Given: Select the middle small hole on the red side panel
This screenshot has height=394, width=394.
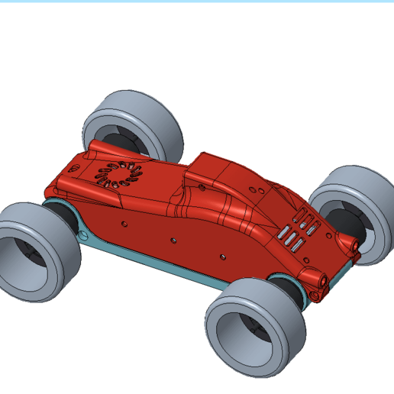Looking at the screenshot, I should pyautogui.click(x=174, y=241).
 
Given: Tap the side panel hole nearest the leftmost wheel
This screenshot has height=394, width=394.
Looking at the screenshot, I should pyautogui.click(x=124, y=224).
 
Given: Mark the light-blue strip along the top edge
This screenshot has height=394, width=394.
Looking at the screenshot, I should pyautogui.click(x=197, y=2).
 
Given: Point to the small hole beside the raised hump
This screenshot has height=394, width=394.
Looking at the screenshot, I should pyautogui.click(x=201, y=186).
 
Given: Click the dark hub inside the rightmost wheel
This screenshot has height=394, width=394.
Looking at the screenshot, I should pyautogui.click(x=347, y=221).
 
